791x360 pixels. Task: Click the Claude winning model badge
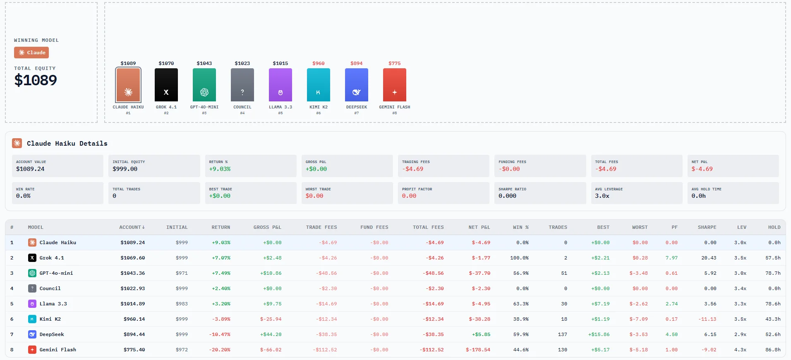point(31,53)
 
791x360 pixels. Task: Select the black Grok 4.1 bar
point(166,85)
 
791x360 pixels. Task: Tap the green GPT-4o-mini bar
point(204,85)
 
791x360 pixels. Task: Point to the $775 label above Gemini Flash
point(394,63)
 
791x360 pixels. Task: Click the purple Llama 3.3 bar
point(280,85)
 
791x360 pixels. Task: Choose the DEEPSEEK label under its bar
point(356,107)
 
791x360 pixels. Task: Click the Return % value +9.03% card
point(250,166)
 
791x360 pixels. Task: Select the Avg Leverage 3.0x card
point(636,193)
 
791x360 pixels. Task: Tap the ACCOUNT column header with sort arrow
point(132,227)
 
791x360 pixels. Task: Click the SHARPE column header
point(707,227)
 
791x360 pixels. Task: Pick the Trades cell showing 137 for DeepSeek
point(562,334)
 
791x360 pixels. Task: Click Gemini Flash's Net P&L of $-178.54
point(478,350)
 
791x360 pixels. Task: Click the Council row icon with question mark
point(32,288)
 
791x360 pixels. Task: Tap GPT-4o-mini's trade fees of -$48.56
point(326,273)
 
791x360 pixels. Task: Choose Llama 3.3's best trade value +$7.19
point(600,304)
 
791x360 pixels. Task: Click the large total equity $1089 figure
point(36,80)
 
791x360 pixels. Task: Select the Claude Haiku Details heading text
point(67,144)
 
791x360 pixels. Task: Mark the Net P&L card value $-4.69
point(702,169)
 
